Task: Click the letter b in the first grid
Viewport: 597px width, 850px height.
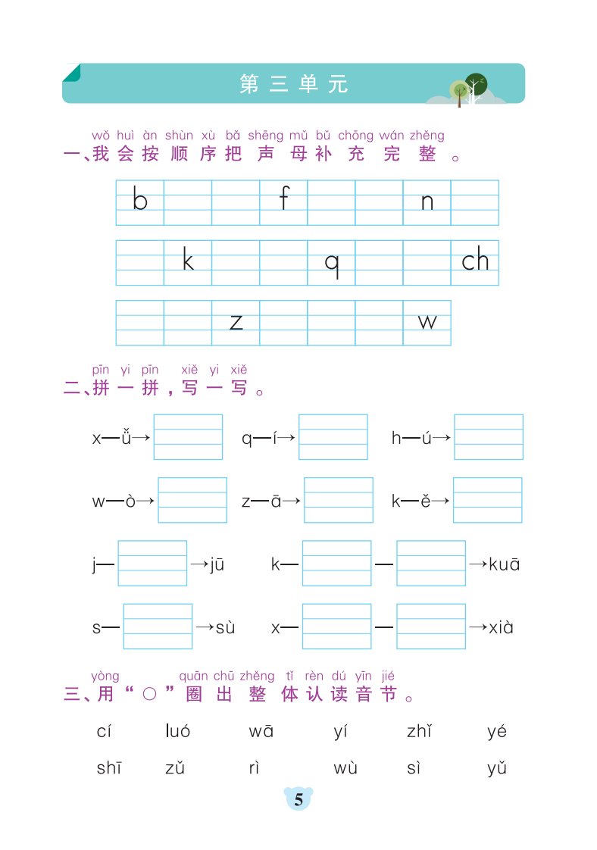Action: click(140, 198)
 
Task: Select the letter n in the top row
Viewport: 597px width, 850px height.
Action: click(427, 202)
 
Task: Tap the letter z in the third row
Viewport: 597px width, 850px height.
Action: click(236, 322)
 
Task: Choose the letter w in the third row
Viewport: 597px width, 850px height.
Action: click(427, 322)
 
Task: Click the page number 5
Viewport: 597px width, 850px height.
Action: click(298, 799)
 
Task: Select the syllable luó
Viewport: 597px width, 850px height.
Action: click(178, 731)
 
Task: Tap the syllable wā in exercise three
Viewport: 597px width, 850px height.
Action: click(261, 731)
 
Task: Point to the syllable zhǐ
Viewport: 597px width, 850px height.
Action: click(419, 731)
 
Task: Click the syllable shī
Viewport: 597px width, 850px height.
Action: click(109, 767)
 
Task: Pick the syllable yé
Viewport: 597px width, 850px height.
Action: click(497, 732)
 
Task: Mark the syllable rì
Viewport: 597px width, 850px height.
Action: click(254, 767)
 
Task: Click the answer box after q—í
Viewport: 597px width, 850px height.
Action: click(333, 437)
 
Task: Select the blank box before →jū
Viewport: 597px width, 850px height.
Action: click(152, 563)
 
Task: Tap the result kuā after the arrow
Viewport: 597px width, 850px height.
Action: click(505, 564)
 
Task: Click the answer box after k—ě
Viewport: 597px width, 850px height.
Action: click(487, 500)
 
